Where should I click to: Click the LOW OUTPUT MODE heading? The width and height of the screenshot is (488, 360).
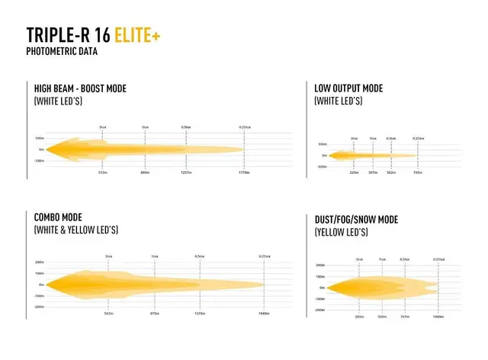[x=350, y=88]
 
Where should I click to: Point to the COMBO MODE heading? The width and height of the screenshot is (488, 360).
[x=58, y=217]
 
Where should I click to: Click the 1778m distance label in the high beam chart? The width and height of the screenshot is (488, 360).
[x=244, y=173]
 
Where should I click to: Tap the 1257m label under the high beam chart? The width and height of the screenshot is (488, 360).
[x=185, y=173]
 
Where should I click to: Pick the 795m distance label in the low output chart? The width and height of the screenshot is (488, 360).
[x=417, y=172]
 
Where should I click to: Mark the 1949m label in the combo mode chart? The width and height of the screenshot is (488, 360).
[x=264, y=313]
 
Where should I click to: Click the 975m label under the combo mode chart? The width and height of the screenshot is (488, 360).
[x=155, y=313]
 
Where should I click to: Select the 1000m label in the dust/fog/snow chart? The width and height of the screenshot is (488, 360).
[x=438, y=315]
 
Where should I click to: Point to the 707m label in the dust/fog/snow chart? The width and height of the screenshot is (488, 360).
[x=405, y=315]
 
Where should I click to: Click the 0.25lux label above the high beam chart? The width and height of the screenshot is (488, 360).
[x=244, y=126]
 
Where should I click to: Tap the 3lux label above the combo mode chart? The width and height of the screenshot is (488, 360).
[x=108, y=256]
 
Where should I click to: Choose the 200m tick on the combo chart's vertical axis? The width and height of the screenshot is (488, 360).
[x=39, y=262]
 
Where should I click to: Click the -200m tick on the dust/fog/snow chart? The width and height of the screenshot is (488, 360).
[x=320, y=310]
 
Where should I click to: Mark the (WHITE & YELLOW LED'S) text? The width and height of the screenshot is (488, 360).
[x=76, y=230]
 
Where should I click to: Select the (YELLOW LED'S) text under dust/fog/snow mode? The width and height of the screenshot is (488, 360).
[x=342, y=232]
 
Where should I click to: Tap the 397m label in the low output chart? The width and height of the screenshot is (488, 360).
[x=373, y=172]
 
